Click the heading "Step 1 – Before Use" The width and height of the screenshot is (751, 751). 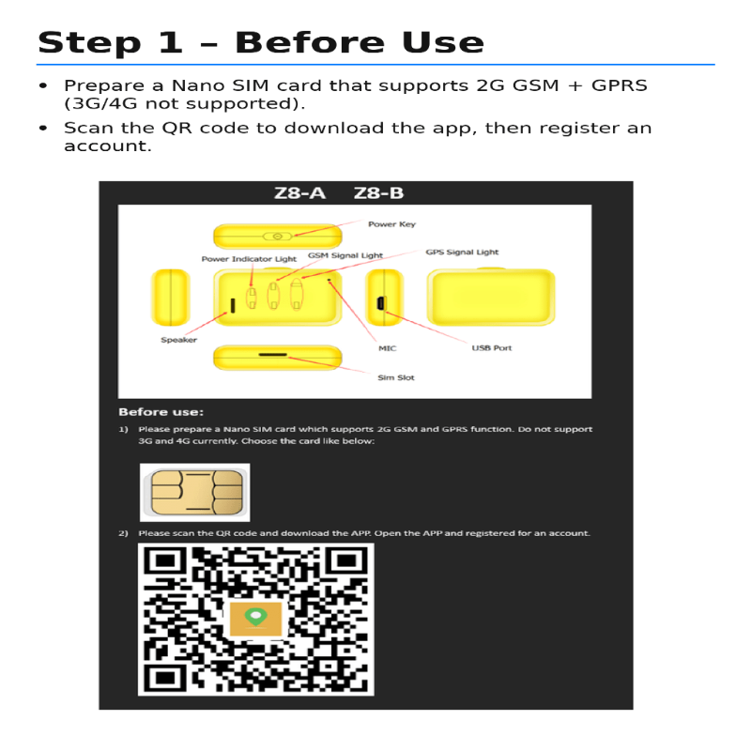260,42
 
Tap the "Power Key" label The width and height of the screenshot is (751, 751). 391,224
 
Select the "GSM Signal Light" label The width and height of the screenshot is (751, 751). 345,255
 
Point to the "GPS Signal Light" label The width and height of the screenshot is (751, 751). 462,252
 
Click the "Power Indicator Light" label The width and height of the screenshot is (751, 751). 249,259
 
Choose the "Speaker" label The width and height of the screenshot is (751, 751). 178,340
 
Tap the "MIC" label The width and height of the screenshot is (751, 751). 387,348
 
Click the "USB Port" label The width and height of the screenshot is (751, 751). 491,348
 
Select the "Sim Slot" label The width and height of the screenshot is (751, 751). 395,377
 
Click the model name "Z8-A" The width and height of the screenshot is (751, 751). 299,193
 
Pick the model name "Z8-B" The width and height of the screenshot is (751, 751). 378,193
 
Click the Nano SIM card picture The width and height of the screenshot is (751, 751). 194,492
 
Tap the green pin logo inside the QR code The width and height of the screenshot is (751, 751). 255,618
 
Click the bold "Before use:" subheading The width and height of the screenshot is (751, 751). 161,412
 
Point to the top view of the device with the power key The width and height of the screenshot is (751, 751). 277,237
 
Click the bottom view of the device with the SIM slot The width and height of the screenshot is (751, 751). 277,358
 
